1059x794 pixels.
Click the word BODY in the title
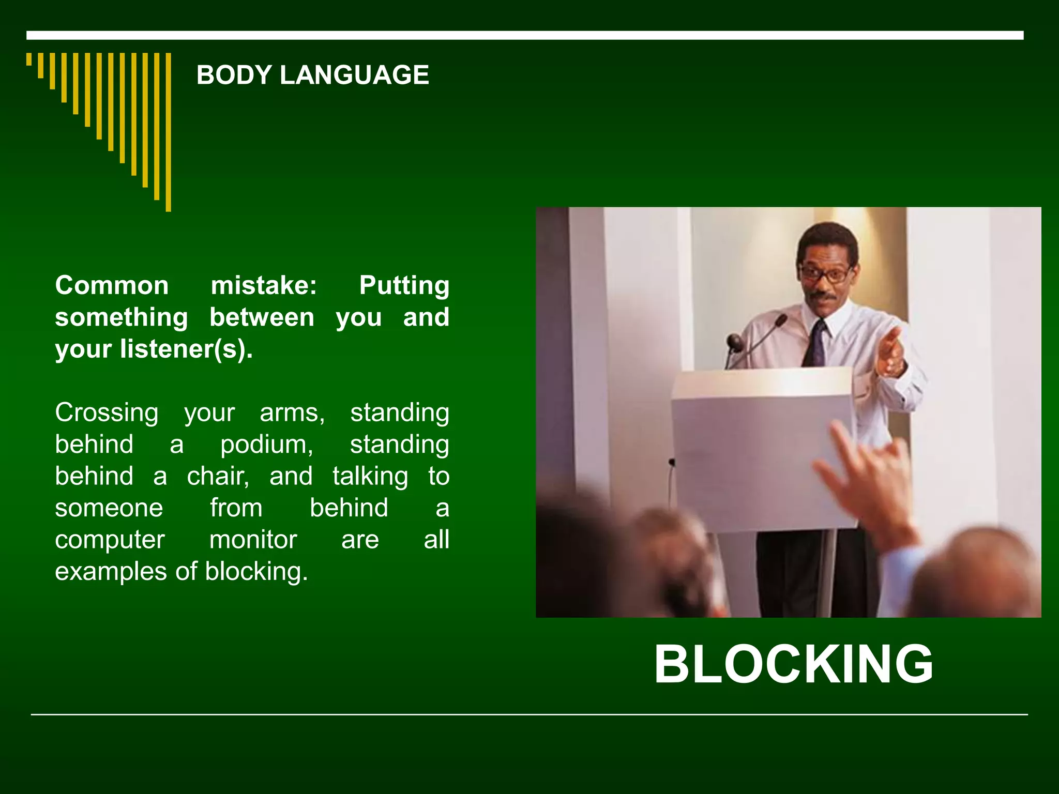(x=234, y=75)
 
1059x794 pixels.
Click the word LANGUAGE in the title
(x=354, y=75)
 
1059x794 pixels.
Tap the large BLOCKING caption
(x=794, y=665)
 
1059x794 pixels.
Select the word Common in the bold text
(x=112, y=285)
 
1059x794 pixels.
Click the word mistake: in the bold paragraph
(x=264, y=285)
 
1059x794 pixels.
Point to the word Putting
(x=404, y=285)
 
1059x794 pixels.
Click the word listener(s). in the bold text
(x=186, y=349)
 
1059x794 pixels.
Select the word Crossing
(x=107, y=413)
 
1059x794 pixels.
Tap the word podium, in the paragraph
(x=267, y=445)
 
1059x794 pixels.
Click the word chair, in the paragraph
(x=218, y=476)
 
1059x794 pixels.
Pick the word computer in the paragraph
(x=110, y=540)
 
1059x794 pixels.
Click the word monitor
(x=253, y=540)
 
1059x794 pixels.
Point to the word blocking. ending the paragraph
(x=256, y=572)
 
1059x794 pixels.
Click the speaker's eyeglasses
(x=825, y=273)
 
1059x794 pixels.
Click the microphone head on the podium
(x=734, y=341)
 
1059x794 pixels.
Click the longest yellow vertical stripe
(x=168, y=132)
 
